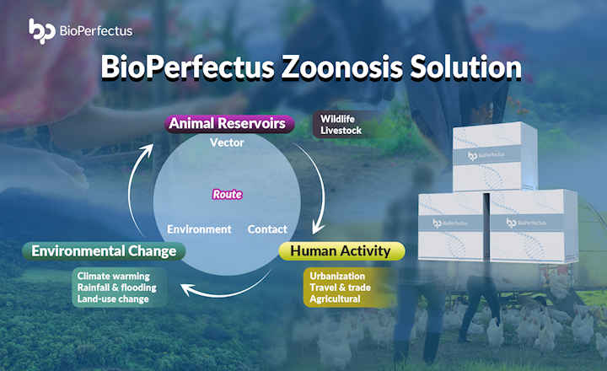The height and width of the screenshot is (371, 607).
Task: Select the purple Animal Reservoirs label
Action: [229, 124]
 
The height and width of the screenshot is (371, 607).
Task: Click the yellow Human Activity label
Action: [341, 250]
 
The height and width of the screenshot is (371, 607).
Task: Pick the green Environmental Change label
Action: [104, 250]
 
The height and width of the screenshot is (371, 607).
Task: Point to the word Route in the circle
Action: [227, 194]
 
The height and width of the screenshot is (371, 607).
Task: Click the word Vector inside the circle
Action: [227, 142]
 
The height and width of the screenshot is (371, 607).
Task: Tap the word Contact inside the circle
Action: [267, 229]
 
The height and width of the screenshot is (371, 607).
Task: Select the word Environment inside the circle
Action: [199, 229]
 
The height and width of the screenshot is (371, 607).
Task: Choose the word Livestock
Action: [341, 132]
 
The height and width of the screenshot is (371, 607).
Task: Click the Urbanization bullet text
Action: [337, 276]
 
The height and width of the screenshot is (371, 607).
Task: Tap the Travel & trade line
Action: [340, 288]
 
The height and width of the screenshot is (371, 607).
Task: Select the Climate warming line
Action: [113, 276]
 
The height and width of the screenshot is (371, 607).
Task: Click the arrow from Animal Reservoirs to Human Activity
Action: [316, 185]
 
